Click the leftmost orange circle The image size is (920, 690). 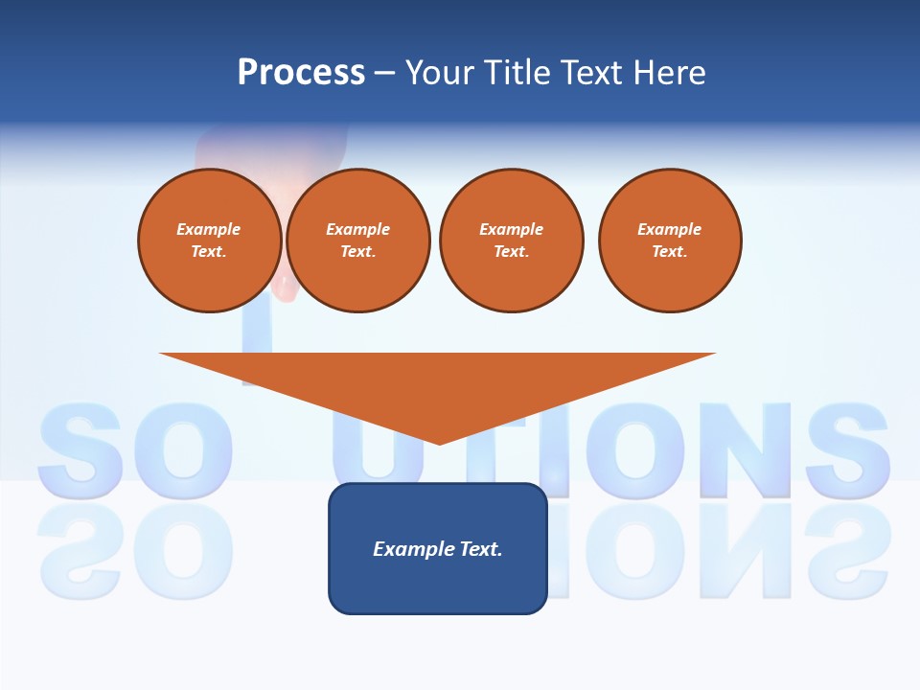(209, 241)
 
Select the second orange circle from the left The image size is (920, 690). (358, 241)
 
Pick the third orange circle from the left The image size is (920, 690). (511, 241)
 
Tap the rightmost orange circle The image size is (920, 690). (670, 241)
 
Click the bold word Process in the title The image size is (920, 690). (301, 72)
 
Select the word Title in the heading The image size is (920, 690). (517, 72)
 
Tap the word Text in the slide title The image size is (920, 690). (593, 72)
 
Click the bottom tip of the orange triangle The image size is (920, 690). (439, 442)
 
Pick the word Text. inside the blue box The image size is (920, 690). (481, 549)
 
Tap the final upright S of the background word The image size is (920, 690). (847, 448)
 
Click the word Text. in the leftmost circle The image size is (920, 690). (209, 252)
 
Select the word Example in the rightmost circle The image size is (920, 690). (670, 229)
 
